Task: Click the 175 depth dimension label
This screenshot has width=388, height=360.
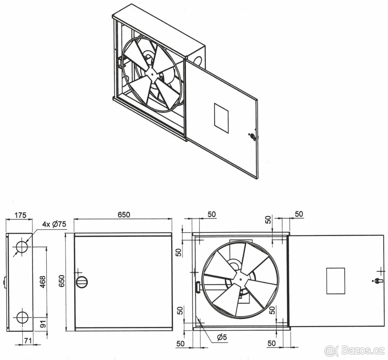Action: point(20,215)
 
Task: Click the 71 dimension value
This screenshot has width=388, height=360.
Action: point(28,341)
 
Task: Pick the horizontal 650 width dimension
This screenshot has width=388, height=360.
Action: point(124,215)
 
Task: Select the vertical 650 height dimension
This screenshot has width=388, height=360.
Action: point(61,281)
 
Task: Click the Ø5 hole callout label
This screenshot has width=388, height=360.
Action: point(222,337)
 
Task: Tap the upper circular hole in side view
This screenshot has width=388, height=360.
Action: point(22,247)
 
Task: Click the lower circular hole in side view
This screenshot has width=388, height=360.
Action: point(22,318)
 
